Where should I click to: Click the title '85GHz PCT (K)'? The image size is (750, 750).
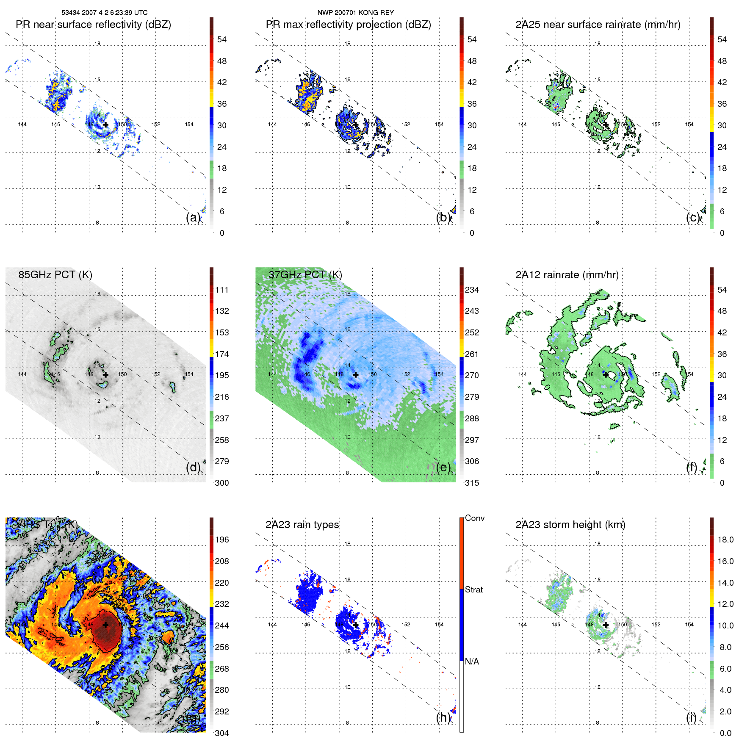point(55,275)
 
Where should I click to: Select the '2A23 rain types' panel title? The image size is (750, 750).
point(302,525)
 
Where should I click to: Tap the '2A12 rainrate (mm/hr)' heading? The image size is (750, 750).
point(567,275)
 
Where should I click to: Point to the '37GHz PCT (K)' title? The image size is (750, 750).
point(305,275)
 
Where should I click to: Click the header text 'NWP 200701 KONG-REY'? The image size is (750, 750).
point(356,13)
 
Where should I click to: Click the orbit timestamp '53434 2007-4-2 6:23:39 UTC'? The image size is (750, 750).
point(105,13)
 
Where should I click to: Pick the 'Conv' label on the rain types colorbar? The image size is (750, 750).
point(474,518)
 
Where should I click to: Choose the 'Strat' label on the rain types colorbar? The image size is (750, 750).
point(474,590)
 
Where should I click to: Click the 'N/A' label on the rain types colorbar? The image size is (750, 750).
point(472,661)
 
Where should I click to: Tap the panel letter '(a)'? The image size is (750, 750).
point(193,217)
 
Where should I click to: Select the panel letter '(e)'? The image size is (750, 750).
point(443,468)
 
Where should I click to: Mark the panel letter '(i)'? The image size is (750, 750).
point(691,717)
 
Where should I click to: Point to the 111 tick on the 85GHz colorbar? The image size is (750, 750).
point(222,290)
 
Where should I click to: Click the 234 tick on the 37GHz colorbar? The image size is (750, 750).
point(472,290)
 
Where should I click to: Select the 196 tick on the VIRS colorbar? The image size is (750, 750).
point(222,540)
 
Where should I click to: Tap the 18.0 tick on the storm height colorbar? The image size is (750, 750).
point(725,540)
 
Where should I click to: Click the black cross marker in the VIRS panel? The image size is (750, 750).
point(105,625)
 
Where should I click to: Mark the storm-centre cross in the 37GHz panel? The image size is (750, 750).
point(356,375)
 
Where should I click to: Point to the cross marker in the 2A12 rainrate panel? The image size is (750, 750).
point(606,375)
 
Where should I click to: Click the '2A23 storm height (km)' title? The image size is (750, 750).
point(570,525)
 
